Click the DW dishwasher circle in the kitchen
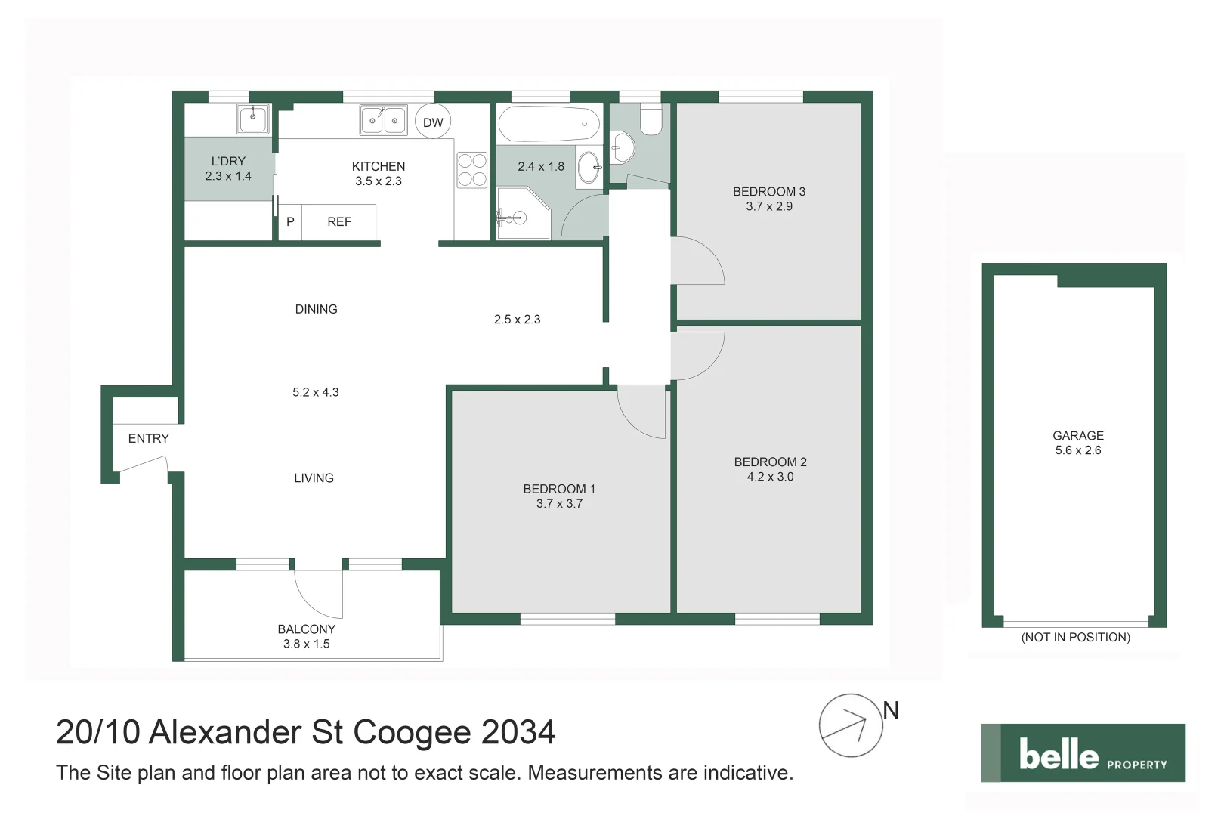click(x=433, y=122)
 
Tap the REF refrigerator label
click(x=339, y=222)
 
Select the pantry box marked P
click(x=290, y=222)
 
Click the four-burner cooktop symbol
click(x=472, y=170)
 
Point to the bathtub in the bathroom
click(x=549, y=124)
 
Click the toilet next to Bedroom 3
click(x=651, y=119)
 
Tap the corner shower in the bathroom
click(x=521, y=215)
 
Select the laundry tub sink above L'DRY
click(x=253, y=119)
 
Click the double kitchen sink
click(x=384, y=120)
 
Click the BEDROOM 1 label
click(x=559, y=489)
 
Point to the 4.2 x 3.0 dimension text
click(x=770, y=477)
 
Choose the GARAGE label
click(x=1077, y=436)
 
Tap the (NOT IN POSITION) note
click(x=1075, y=638)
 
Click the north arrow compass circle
click(x=851, y=725)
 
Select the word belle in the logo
click(x=1059, y=754)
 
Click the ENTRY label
click(x=149, y=438)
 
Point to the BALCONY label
click(x=306, y=629)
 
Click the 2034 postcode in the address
click(x=518, y=732)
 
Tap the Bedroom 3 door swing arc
click(x=699, y=261)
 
